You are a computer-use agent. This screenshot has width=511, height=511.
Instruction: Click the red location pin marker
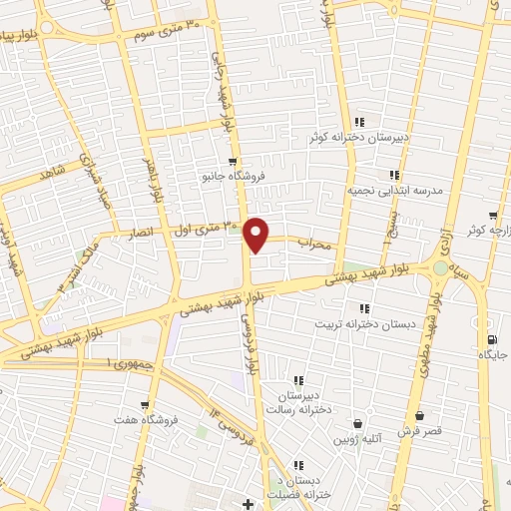click(x=257, y=234)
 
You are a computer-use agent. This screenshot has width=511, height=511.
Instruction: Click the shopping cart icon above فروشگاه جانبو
click(x=233, y=162)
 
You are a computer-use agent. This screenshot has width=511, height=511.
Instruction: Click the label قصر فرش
click(x=417, y=431)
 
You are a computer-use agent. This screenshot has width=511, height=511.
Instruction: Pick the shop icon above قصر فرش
click(x=417, y=415)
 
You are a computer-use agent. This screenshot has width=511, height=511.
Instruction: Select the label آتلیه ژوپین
click(x=357, y=439)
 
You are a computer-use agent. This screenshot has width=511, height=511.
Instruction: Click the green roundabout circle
click(x=440, y=267)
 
